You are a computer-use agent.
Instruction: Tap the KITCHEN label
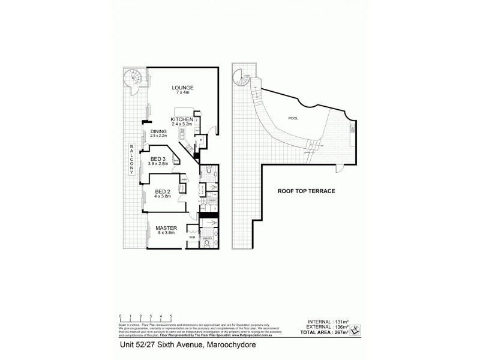pyautogui.click(x=181, y=120)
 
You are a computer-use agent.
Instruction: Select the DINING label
pyautogui.click(x=158, y=131)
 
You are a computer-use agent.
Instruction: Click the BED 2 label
pyautogui.click(x=163, y=191)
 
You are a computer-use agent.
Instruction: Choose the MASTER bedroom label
pyautogui.click(x=165, y=228)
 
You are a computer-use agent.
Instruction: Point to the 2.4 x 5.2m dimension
pyautogui.click(x=181, y=125)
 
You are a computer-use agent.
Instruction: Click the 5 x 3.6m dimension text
pyautogui.click(x=165, y=233)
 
